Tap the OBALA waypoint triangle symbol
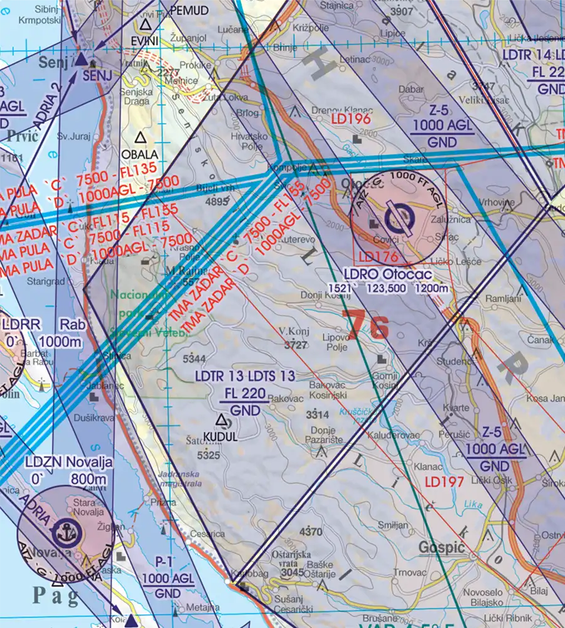(141, 138)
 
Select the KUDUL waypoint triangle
(221, 420)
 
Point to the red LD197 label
(444, 482)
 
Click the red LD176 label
(379, 257)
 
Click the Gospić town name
(441, 548)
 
